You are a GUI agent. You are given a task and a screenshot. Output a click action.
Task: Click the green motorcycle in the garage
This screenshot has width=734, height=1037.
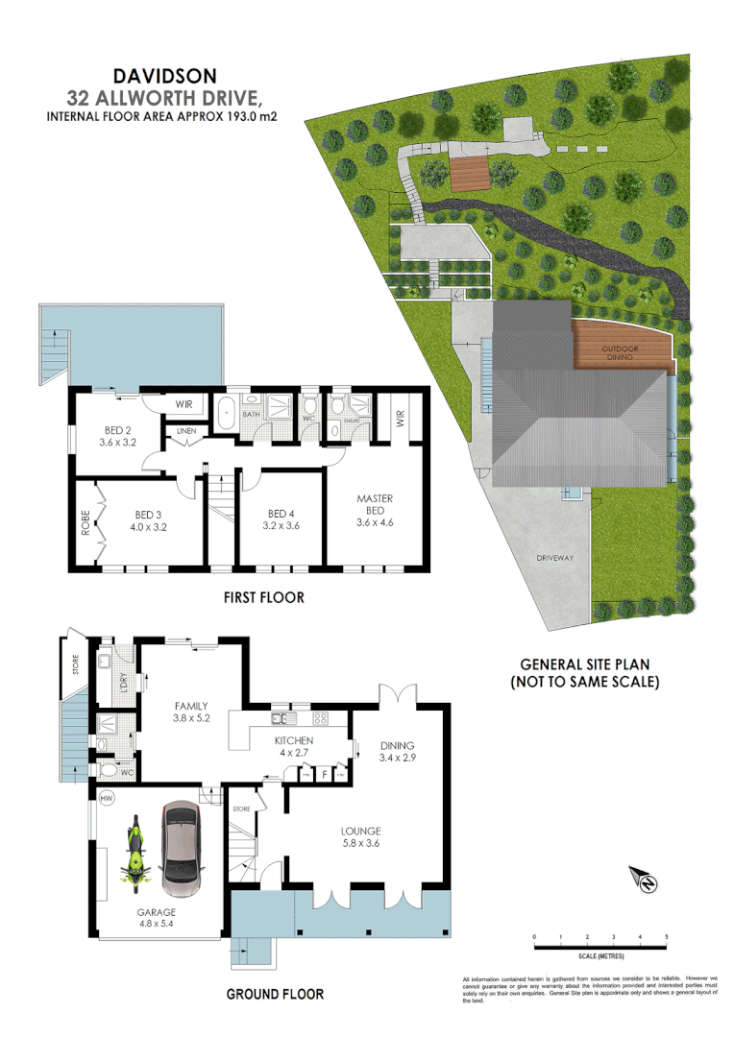pos(135,850)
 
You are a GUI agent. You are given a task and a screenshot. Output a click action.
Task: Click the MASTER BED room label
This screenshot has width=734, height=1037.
pos(375,510)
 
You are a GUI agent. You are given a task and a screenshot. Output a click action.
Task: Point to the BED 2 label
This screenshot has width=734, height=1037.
pos(119,436)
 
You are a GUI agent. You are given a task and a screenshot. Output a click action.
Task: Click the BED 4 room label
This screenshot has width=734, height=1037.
pos(281,518)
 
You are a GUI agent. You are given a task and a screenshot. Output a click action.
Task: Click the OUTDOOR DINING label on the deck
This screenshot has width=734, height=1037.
pos(620,352)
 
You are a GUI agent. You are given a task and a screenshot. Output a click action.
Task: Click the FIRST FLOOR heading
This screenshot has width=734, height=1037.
pos(263,597)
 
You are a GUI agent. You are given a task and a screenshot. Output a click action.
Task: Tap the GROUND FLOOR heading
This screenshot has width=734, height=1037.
pos(275,994)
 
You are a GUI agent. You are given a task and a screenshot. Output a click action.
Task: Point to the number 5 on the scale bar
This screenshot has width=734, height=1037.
pos(666,936)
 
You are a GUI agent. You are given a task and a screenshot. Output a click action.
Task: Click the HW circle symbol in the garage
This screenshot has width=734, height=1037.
pos(105,796)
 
